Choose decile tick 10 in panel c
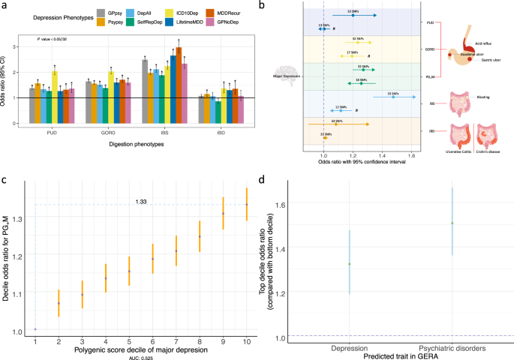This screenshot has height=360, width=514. (246, 342)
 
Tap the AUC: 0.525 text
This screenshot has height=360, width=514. (140, 356)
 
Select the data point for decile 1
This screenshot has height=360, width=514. (35, 328)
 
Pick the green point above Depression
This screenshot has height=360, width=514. (349, 264)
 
